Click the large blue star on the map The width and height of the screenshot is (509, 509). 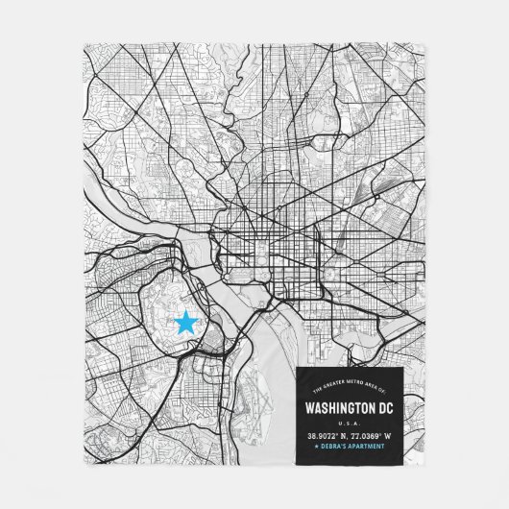click(183, 323)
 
